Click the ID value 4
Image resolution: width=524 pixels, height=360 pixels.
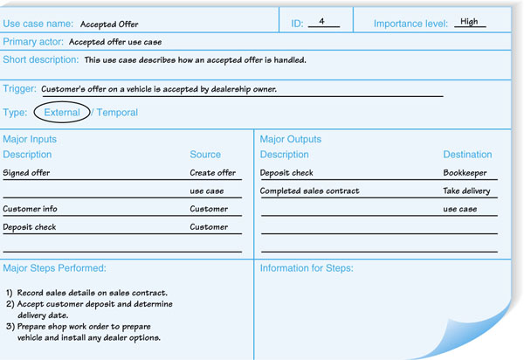(322, 22)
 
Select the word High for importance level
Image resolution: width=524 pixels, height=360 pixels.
(469, 22)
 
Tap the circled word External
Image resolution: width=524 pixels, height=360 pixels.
(62, 113)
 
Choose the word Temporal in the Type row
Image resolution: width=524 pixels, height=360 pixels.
(117, 113)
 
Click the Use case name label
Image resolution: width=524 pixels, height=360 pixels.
(38, 24)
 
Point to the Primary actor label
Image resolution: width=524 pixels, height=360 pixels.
(33, 41)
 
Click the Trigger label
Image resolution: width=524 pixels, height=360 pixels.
(20, 89)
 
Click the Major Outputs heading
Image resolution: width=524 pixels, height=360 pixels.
(291, 139)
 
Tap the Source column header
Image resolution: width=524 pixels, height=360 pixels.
(205, 155)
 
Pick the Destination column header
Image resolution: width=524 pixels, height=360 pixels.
(467, 155)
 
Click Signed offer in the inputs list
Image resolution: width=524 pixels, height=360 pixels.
(26, 173)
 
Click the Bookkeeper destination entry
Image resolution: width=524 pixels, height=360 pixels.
(465, 173)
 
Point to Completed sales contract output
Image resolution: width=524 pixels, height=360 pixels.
(309, 190)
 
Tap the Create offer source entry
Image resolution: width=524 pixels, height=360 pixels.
(213, 173)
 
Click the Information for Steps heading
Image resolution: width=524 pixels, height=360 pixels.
(307, 268)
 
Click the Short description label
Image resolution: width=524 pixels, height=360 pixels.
(40, 60)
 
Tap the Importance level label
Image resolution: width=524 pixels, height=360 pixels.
(410, 24)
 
